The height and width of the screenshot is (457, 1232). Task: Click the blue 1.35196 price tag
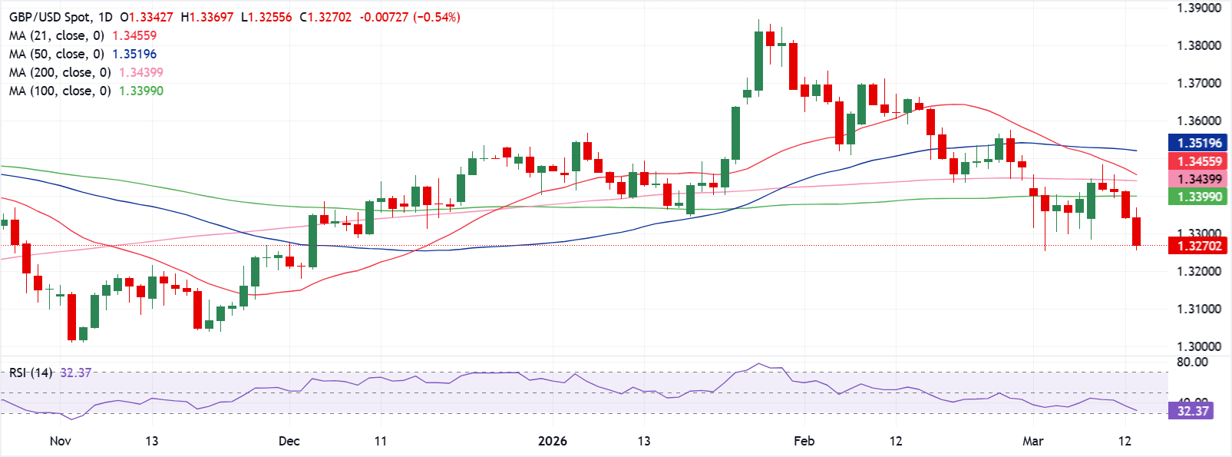click(1198, 143)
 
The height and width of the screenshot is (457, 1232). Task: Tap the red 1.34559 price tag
click(1198, 161)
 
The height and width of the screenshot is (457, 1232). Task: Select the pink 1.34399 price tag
click(1198, 179)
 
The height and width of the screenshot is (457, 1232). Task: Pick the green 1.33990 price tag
click(1198, 197)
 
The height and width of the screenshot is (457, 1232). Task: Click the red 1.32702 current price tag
click(1198, 246)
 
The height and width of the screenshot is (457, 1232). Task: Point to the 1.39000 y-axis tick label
click(1198, 8)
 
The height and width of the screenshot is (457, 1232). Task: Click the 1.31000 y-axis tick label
click(1198, 309)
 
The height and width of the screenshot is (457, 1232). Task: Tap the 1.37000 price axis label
click(1198, 83)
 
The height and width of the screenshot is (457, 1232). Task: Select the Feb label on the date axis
click(804, 441)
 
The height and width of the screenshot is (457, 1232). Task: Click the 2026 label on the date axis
click(553, 441)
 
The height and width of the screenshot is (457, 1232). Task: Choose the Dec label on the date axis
click(289, 441)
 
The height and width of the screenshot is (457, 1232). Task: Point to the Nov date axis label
click(60, 441)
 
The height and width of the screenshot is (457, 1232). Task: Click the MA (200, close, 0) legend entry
click(60, 72)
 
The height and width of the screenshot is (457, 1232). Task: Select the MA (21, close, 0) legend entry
click(57, 35)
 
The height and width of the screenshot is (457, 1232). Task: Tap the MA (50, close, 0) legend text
click(57, 54)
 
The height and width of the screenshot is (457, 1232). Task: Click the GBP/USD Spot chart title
click(51, 17)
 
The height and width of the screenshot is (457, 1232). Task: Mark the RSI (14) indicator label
click(31, 373)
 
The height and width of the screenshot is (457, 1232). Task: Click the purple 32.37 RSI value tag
click(1193, 411)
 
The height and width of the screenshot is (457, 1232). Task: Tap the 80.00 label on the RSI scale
click(1192, 362)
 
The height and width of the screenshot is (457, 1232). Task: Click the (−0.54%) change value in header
click(437, 17)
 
